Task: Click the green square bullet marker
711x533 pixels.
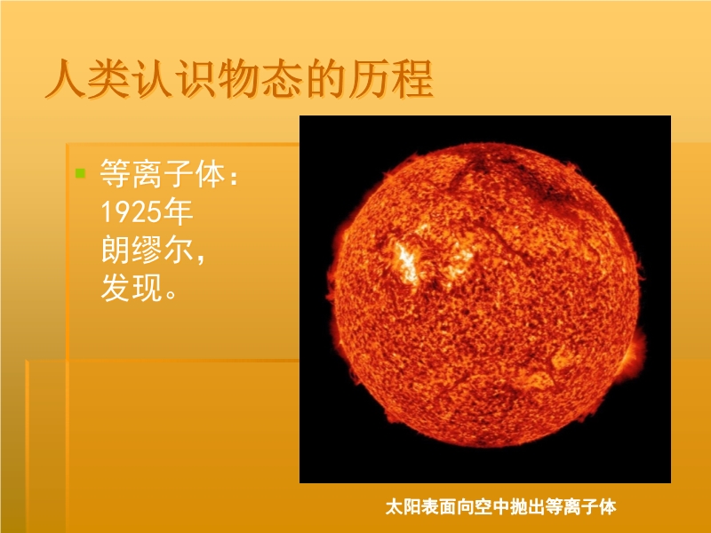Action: pyautogui.click(x=80, y=173)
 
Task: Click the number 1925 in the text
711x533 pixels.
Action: pyautogui.click(x=131, y=211)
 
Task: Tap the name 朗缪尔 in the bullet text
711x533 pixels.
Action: pyautogui.click(x=147, y=250)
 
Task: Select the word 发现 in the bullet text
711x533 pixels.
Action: pyautogui.click(x=132, y=288)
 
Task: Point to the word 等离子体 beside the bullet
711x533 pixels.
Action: pyautogui.click(x=163, y=173)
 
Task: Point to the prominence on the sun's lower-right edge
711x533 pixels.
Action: pyautogui.click(x=635, y=354)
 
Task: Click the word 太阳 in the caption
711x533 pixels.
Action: pyautogui.click(x=403, y=506)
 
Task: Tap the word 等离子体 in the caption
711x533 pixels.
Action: pyautogui.click(x=580, y=506)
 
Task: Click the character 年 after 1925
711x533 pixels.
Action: pyautogui.click(x=179, y=211)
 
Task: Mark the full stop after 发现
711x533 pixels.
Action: pyautogui.click(x=172, y=294)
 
